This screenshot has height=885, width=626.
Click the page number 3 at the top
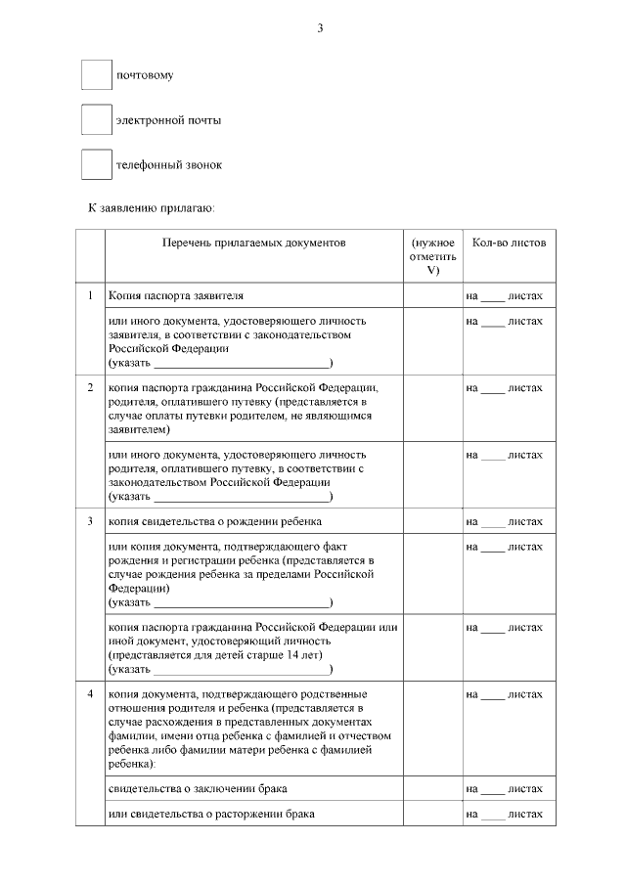point(320,27)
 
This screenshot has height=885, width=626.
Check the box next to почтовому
point(96,75)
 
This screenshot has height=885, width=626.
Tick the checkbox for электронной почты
point(96,120)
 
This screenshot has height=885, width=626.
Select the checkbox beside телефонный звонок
point(96,164)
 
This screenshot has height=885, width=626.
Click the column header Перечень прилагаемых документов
point(253,243)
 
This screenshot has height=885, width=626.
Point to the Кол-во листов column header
point(509,243)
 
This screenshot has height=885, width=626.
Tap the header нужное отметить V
point(432,256)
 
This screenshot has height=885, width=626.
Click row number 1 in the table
point(90,294)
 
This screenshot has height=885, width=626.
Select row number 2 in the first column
point(90,387)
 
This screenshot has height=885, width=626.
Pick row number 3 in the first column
point(90,520)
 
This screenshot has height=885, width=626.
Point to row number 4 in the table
point(90,693)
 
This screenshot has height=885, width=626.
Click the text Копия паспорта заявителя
point(176,294)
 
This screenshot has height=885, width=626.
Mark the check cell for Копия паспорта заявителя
point(432,295)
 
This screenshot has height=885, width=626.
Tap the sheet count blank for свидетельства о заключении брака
point(494,789)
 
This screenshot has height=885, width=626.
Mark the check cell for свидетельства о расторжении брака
point(432,813)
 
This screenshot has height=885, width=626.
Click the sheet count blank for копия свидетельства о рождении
point(494,522)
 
